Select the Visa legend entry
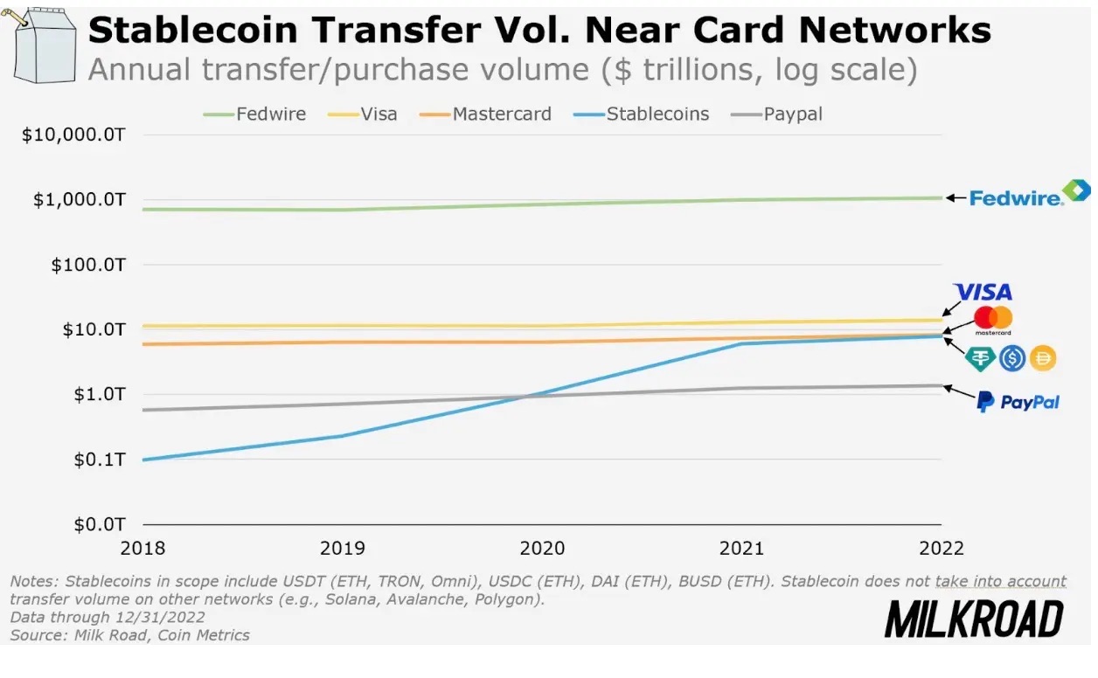(x=365, y=114)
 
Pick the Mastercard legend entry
(x=487, y=114)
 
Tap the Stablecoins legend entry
(x=643, y=114)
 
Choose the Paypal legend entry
(x=778, y=114)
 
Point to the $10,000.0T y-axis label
(x=80, y=135)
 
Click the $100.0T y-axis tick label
(x=88, y=264)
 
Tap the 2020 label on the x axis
(x=542, y=549)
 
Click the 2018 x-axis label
(x=142, y=549)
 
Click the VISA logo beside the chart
(x=982, y=292)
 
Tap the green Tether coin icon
(x=980, y=357)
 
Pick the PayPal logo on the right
(x=1018, y=402)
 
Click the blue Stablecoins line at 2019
(x=342, y=435)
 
